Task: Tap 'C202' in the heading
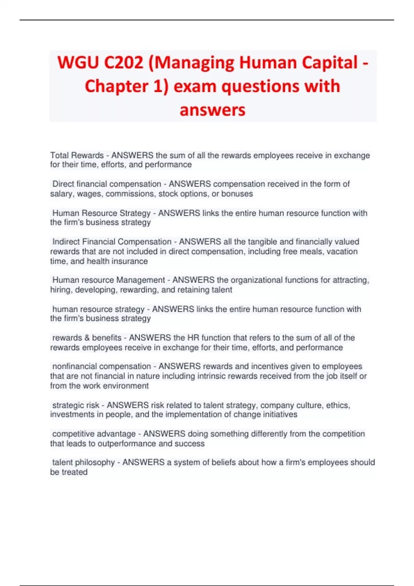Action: [123, 63]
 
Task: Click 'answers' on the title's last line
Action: [213, 110]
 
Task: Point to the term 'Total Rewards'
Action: [77, 155]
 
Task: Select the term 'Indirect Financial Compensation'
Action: [112, 242]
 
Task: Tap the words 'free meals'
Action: [303, 251]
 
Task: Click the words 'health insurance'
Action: [117, 261]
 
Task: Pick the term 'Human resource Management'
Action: [108, 280]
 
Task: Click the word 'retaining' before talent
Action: [195, 290]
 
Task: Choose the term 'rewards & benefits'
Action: [87, 337]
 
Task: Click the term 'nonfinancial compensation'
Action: [101, 366]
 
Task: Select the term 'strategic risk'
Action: [76, 405]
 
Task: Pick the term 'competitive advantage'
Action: [94, 434]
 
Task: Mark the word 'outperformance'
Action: [127, 443]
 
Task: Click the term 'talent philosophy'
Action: [83, 462]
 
